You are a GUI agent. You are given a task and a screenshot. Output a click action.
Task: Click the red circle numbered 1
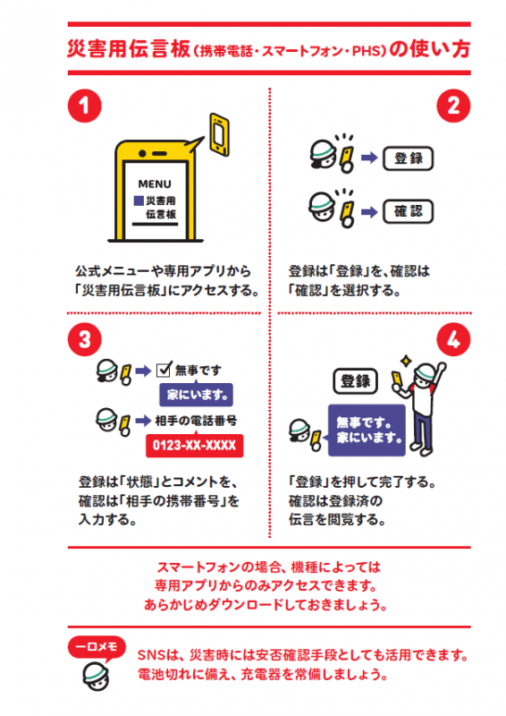coord(83,107)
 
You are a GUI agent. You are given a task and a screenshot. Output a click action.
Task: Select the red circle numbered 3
coord(83,339)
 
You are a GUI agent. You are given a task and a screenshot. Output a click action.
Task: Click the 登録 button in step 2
coord(408,159)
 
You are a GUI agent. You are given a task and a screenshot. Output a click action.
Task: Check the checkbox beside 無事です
coord(164,370)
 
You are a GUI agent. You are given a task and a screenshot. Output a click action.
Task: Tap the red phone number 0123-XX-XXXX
coord(196,446)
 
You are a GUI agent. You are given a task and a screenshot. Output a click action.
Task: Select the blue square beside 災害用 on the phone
coord(139,200)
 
